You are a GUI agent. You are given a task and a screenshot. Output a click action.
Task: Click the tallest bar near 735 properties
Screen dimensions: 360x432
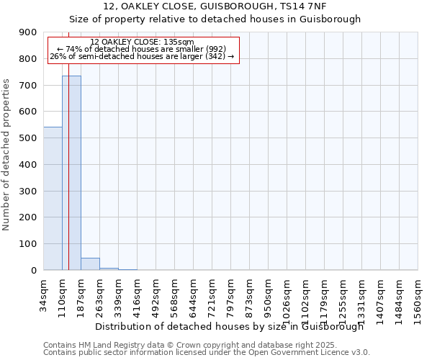click(71, 173)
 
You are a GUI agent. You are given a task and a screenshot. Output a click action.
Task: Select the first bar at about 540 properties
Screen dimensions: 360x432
click(53, 199)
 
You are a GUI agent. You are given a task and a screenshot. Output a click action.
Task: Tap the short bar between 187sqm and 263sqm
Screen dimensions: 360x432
click(90, 264)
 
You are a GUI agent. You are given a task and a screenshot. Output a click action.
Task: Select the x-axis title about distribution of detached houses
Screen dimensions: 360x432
click(230, 326)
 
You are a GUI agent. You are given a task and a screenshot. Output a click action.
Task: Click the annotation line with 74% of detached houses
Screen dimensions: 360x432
click(142, 49)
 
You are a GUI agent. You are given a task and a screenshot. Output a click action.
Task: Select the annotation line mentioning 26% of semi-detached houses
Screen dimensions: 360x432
click(142, 56)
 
